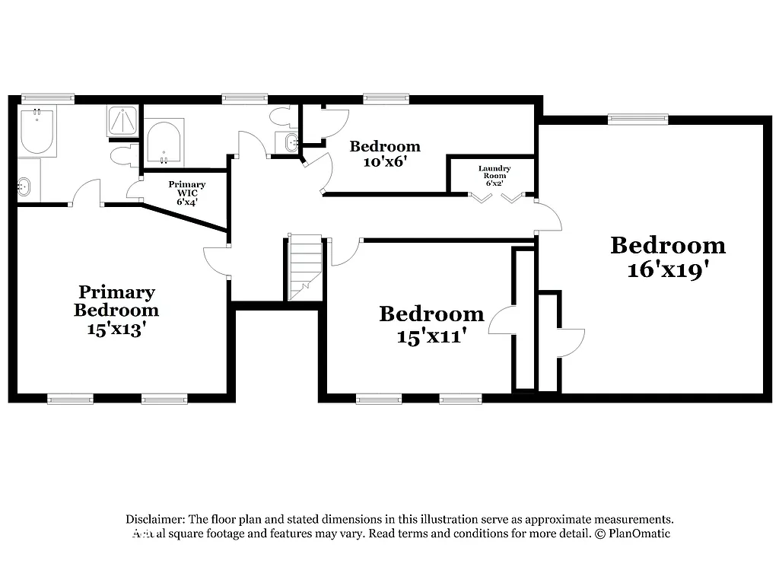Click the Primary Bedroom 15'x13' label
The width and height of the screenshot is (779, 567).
click(x=116, y=311)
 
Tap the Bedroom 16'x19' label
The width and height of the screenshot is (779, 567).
click(x=667, y=256)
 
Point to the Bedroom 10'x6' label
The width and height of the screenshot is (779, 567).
click(x=384, y=153)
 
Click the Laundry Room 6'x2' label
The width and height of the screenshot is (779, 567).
click(x=494, y=176)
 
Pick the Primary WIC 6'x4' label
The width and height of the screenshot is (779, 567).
click(x=187, y=193)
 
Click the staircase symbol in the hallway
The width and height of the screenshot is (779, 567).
click(x=304, y=267)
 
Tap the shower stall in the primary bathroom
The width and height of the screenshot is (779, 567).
click(x=122, y=121)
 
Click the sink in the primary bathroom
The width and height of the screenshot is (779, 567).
click(x=24, y=184)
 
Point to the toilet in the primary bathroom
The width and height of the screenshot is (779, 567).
click(x=122, y=156)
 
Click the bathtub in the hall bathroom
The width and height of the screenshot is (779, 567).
click(x=163, y=144)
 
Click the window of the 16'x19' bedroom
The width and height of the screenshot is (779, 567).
click(x=638, y=118)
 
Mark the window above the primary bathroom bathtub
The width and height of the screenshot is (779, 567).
click(x=47, y=98)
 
